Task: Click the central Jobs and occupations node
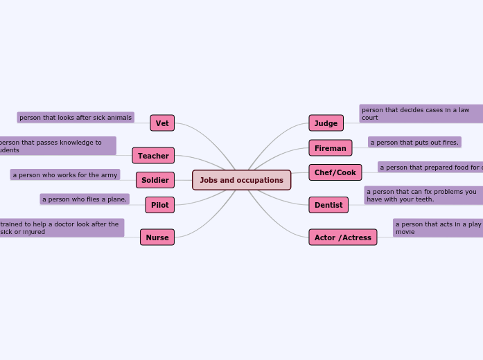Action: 241,180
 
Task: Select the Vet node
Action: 162,123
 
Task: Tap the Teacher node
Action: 153,156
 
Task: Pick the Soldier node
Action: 155,180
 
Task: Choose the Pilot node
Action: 160,205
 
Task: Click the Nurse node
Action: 157,237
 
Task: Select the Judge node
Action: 326,123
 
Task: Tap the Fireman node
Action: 330,148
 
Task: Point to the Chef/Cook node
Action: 335,172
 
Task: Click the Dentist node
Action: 328,205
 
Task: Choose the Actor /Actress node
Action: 343,237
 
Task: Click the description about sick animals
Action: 76,118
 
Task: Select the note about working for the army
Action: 65,175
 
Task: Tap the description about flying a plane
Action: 85,199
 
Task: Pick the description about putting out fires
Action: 414,143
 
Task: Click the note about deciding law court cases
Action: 421,114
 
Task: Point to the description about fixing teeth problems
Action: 423,195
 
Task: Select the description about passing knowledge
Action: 57,146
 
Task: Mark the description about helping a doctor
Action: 61,228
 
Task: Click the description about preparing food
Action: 430,168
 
